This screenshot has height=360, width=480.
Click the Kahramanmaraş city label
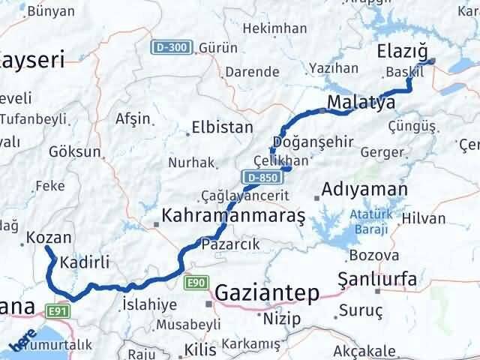pyautogui.click(x=232, y=217)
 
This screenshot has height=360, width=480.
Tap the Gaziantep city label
pyautogui.click(x=266, y=292)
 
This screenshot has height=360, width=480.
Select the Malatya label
pyautogui.click(x=361, y=102)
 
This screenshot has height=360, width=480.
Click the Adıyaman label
pyautogui.click(x=364, y=189)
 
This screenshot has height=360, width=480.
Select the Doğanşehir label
pyautogui.click(x=309, y=142)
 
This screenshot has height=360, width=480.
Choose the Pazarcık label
pyautogui.click(x=230, y=244)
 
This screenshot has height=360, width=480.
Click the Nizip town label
pyautogui.click(x=282, y=318)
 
